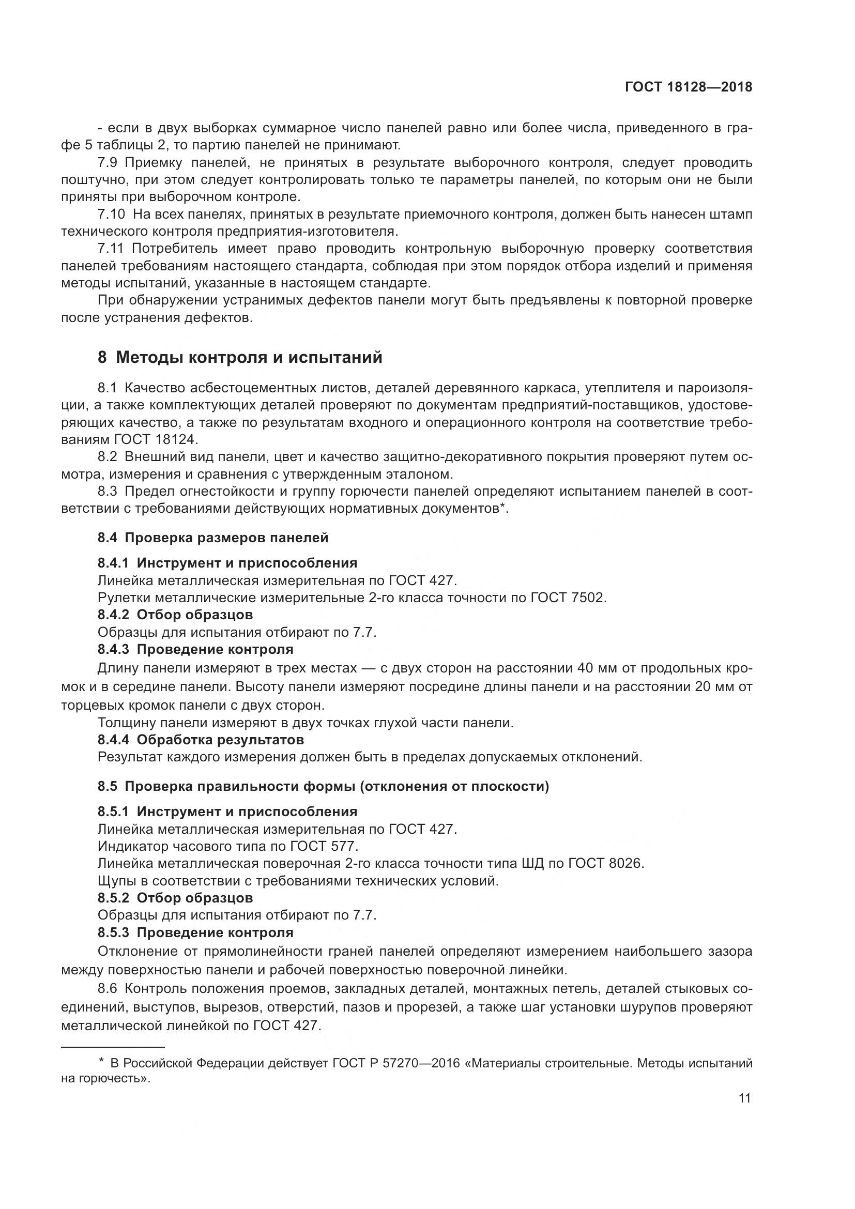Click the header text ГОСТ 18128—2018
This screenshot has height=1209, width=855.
pos(688,87)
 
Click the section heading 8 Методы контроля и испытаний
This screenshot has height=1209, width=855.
pos(239,358)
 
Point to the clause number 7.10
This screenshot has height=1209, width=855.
pos(111,214)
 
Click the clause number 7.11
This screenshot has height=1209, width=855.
pos(111,248)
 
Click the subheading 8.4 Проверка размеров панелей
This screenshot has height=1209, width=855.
pos(212,538)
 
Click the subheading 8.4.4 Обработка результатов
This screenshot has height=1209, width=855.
pos(201,740)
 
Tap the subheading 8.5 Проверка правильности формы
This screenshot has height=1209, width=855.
pos(323,786)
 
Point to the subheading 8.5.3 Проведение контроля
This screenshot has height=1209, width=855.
pos(195,932)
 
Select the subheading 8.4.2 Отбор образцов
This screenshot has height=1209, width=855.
pos(175,615)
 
